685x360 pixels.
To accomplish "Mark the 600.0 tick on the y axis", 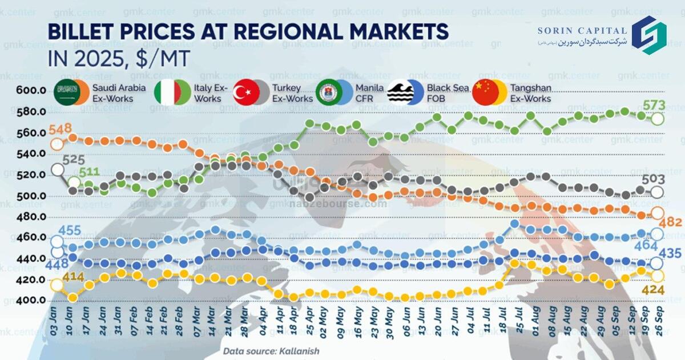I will pyautogui.click(x=31, y=91).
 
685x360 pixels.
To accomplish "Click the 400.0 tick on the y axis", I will pyautogui.click(x=31, y=301).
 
